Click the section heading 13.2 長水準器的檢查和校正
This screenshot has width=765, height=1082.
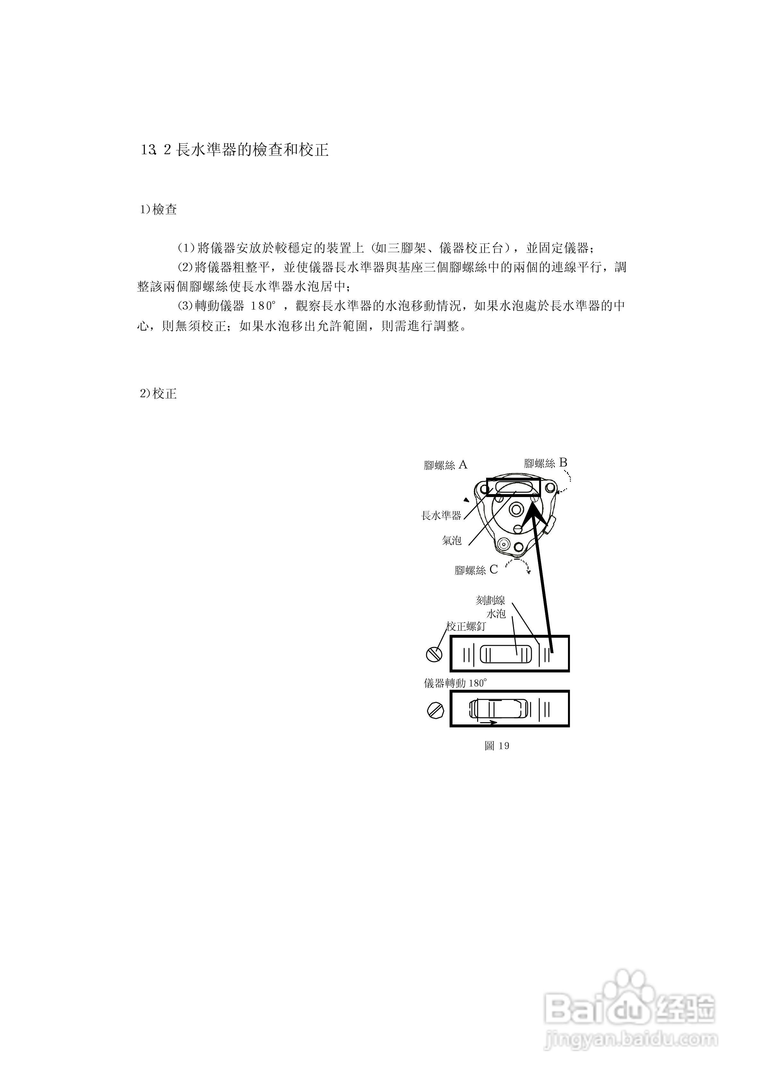coord(234,150)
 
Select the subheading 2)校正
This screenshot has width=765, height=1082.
coord(158,393)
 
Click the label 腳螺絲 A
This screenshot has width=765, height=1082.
coord(445,465)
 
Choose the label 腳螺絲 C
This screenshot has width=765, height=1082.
coord(476,570)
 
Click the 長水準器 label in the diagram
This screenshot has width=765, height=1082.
coord(441,515)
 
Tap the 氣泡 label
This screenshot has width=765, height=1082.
coord(451,540)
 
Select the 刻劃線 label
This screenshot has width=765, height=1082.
coord(490,600)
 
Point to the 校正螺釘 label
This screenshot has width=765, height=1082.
coord(465,626)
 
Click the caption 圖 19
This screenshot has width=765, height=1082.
coord(496,745)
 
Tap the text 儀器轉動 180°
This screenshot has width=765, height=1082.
coord(455,683)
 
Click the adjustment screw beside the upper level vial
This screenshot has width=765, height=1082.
coord(434,654)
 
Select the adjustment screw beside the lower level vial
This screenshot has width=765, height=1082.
coord(435,710)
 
